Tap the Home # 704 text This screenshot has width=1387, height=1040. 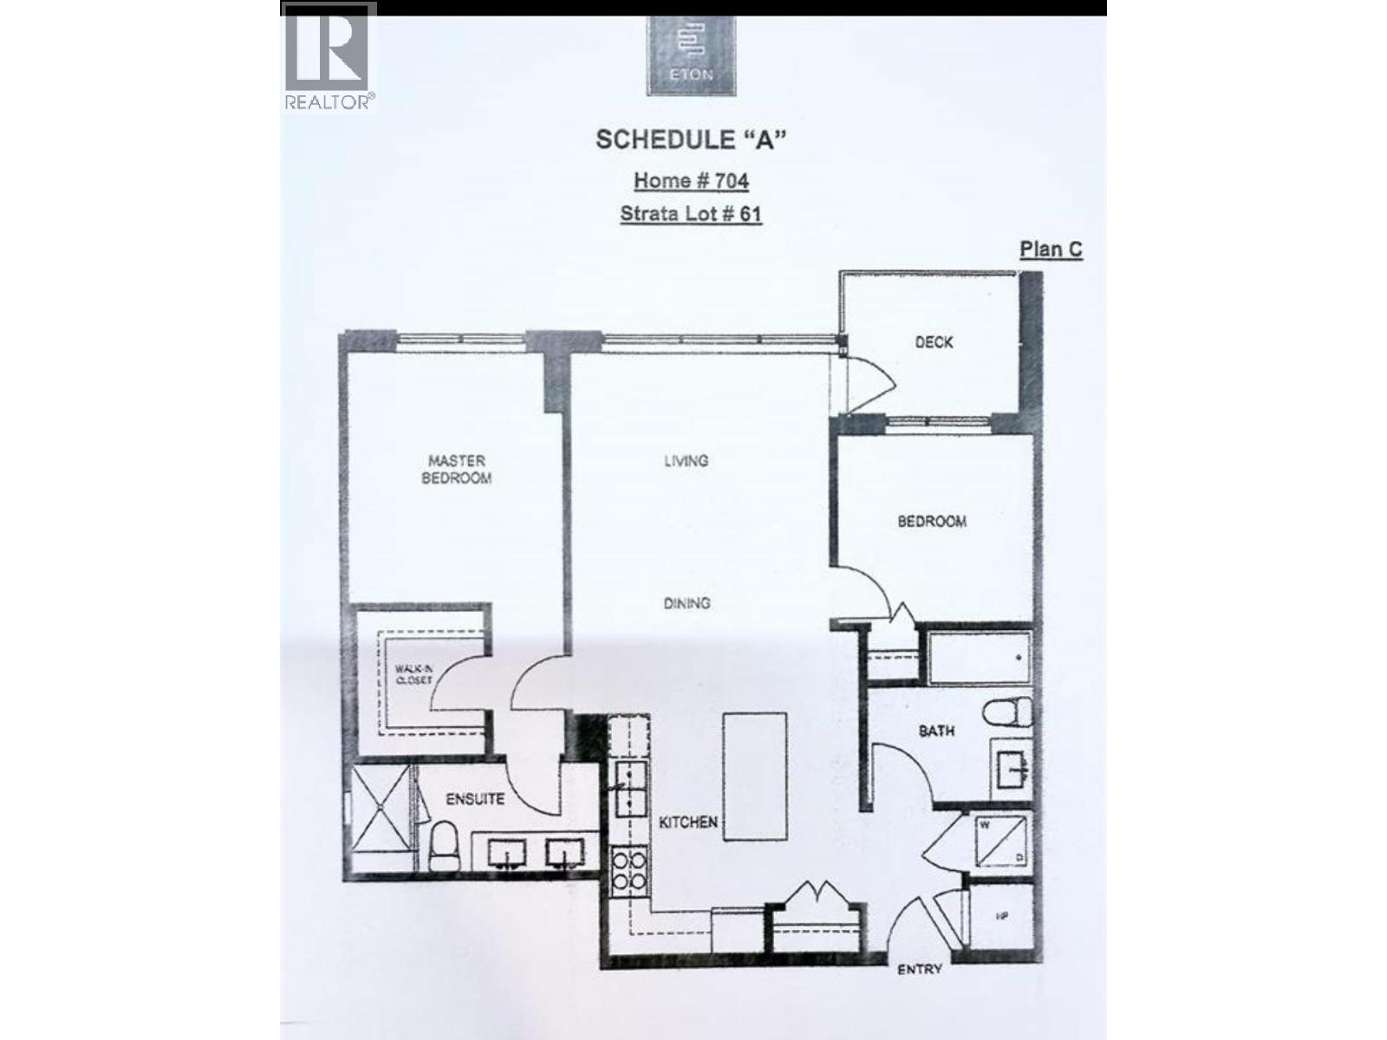[691, 180]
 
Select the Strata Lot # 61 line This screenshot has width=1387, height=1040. [691, 213]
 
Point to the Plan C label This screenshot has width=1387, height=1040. [1051, 250]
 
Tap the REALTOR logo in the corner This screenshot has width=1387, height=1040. [329, 57]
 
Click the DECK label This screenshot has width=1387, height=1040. [934, 342]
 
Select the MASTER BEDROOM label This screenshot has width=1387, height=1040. [456, 469]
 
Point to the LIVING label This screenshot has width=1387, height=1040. [686, 461]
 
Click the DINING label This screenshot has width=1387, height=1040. [687, 603]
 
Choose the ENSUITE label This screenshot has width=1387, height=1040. [474, 799]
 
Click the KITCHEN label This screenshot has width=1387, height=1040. [687, 822]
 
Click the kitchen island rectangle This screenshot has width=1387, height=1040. [755, 777]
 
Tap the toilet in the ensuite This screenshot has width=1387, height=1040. [445, 846]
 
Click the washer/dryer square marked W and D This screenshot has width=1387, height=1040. [1000, 841]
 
